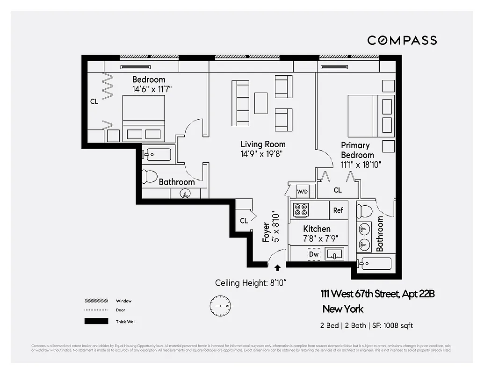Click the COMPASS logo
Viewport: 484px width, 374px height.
[402, 40]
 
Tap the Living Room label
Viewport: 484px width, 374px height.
[263, 144]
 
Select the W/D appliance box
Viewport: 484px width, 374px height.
[302, 191]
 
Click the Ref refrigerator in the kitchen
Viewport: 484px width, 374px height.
[338, 210]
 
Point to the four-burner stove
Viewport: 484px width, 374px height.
[300, 210]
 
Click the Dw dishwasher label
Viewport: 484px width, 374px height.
[314, 254]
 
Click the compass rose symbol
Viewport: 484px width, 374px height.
[220, 305]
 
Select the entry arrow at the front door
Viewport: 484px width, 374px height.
[278, 268]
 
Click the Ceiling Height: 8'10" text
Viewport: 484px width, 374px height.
[251, 283]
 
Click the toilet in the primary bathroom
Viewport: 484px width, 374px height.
[365, 211]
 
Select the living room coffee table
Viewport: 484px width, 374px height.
[261, 103]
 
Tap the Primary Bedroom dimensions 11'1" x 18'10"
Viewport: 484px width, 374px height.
[361, 165]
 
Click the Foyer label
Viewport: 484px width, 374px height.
[266, 232]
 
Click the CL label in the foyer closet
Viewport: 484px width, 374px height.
[244, 221]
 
